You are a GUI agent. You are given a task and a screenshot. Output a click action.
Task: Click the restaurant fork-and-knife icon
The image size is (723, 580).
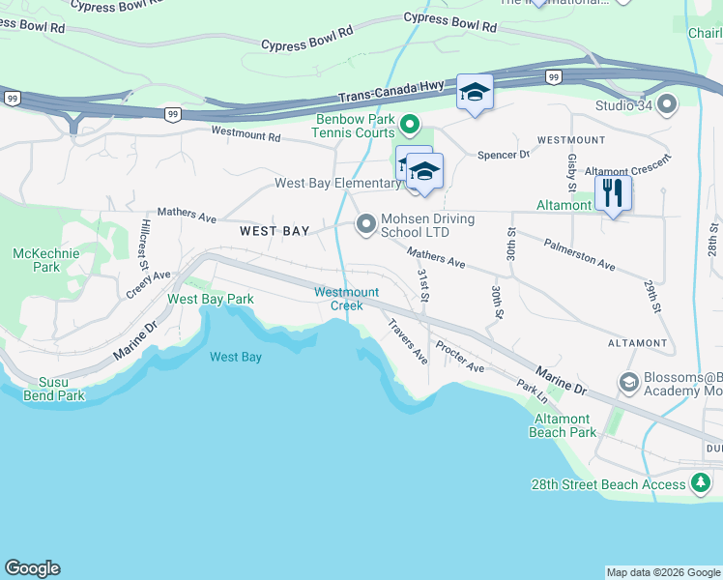tap(613, 192)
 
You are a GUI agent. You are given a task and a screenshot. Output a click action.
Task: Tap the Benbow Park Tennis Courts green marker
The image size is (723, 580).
tap(409, 123)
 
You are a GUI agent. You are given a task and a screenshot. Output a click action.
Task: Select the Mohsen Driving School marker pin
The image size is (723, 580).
tap(366, 224)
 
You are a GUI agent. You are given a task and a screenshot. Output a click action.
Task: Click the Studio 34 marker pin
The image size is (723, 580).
tap(665, 105)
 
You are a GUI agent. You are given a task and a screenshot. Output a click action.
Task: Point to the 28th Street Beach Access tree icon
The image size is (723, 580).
tap(701, 484)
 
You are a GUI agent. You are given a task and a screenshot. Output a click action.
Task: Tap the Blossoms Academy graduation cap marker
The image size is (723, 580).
tap(628, 383)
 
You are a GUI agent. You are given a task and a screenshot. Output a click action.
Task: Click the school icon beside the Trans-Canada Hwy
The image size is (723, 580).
tap(475, 93)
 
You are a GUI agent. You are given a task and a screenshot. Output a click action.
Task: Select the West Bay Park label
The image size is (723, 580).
tap(211, 300)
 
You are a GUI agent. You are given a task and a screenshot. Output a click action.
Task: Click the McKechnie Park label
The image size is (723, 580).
tap(37, 259)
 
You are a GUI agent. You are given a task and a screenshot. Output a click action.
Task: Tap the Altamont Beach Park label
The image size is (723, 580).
tap(563, 425)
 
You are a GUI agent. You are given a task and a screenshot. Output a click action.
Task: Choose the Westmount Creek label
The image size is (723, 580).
tap(346, 299)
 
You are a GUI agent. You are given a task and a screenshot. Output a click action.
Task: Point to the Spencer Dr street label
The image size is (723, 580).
tap(504, 155)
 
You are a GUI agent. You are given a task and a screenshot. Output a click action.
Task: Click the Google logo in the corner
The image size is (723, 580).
tap(32, 568)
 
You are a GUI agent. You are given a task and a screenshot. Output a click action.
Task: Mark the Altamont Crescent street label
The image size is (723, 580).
tap(627, 171)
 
